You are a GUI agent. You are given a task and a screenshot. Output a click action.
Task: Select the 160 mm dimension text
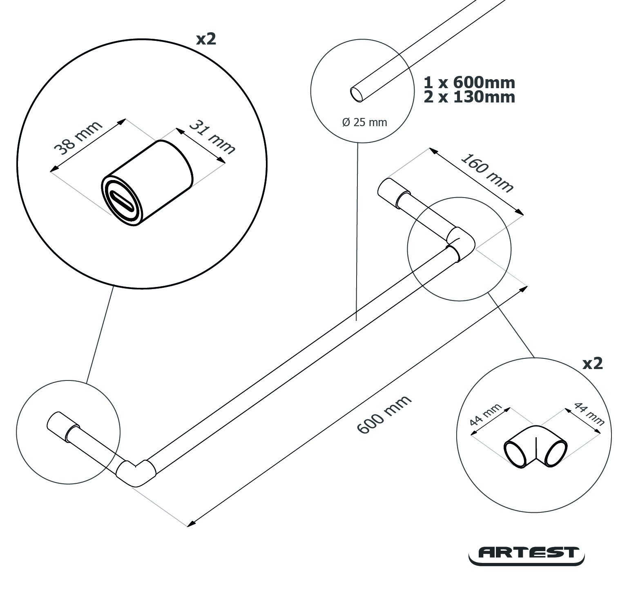click(x=486, y=173)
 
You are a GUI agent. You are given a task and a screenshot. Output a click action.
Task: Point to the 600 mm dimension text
click(x=384, y=414)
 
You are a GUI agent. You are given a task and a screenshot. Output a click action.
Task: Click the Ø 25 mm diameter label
click(x=364, y=122)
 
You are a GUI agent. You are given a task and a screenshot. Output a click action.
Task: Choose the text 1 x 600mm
click(x=469, y=82)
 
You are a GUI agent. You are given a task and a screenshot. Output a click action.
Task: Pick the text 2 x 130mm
click(x=469, y=97)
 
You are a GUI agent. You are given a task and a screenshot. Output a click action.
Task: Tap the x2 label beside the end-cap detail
click(x=206, y=39)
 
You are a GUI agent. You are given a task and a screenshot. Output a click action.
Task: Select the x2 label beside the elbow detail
click(x=592, y=363)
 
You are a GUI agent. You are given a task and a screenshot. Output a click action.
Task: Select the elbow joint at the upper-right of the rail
click(x=461, y=243)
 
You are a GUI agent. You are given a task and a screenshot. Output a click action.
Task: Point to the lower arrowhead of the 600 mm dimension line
click(x=190, y=524)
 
